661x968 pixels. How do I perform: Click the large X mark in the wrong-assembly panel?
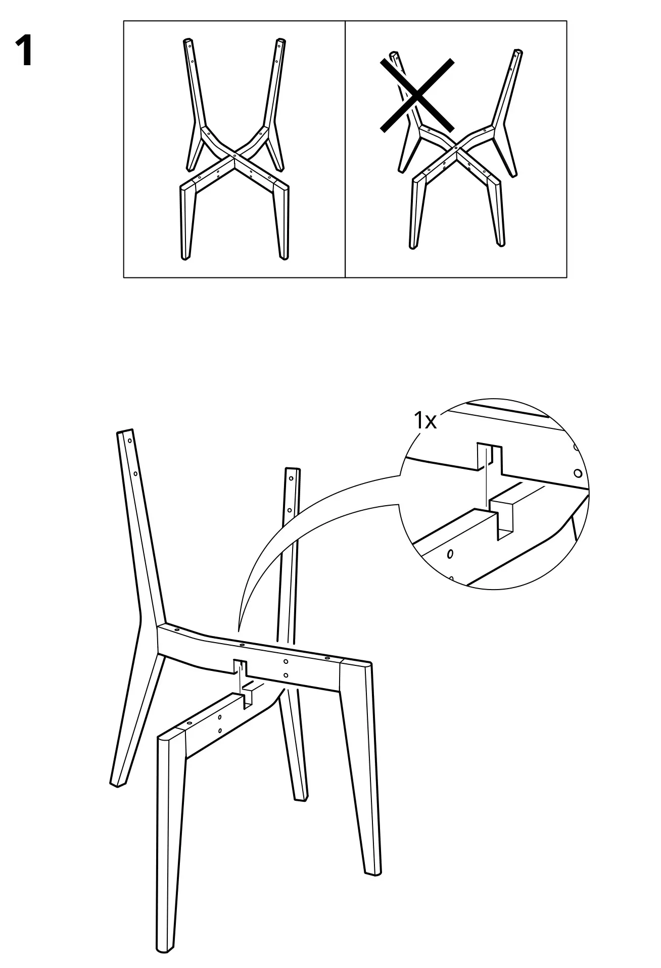click(x=417, y=94)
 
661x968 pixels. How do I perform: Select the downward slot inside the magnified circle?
click(x=489, y=457)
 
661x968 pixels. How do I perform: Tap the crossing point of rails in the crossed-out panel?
click(x=456, y=147)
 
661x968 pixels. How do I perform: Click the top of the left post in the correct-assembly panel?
click(x=187, y=40)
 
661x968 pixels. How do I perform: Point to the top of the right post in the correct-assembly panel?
click(x=280, y=40)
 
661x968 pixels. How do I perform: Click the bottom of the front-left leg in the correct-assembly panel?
click(x=184, y=258)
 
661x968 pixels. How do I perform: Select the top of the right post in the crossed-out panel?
click(x=517, y=52)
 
